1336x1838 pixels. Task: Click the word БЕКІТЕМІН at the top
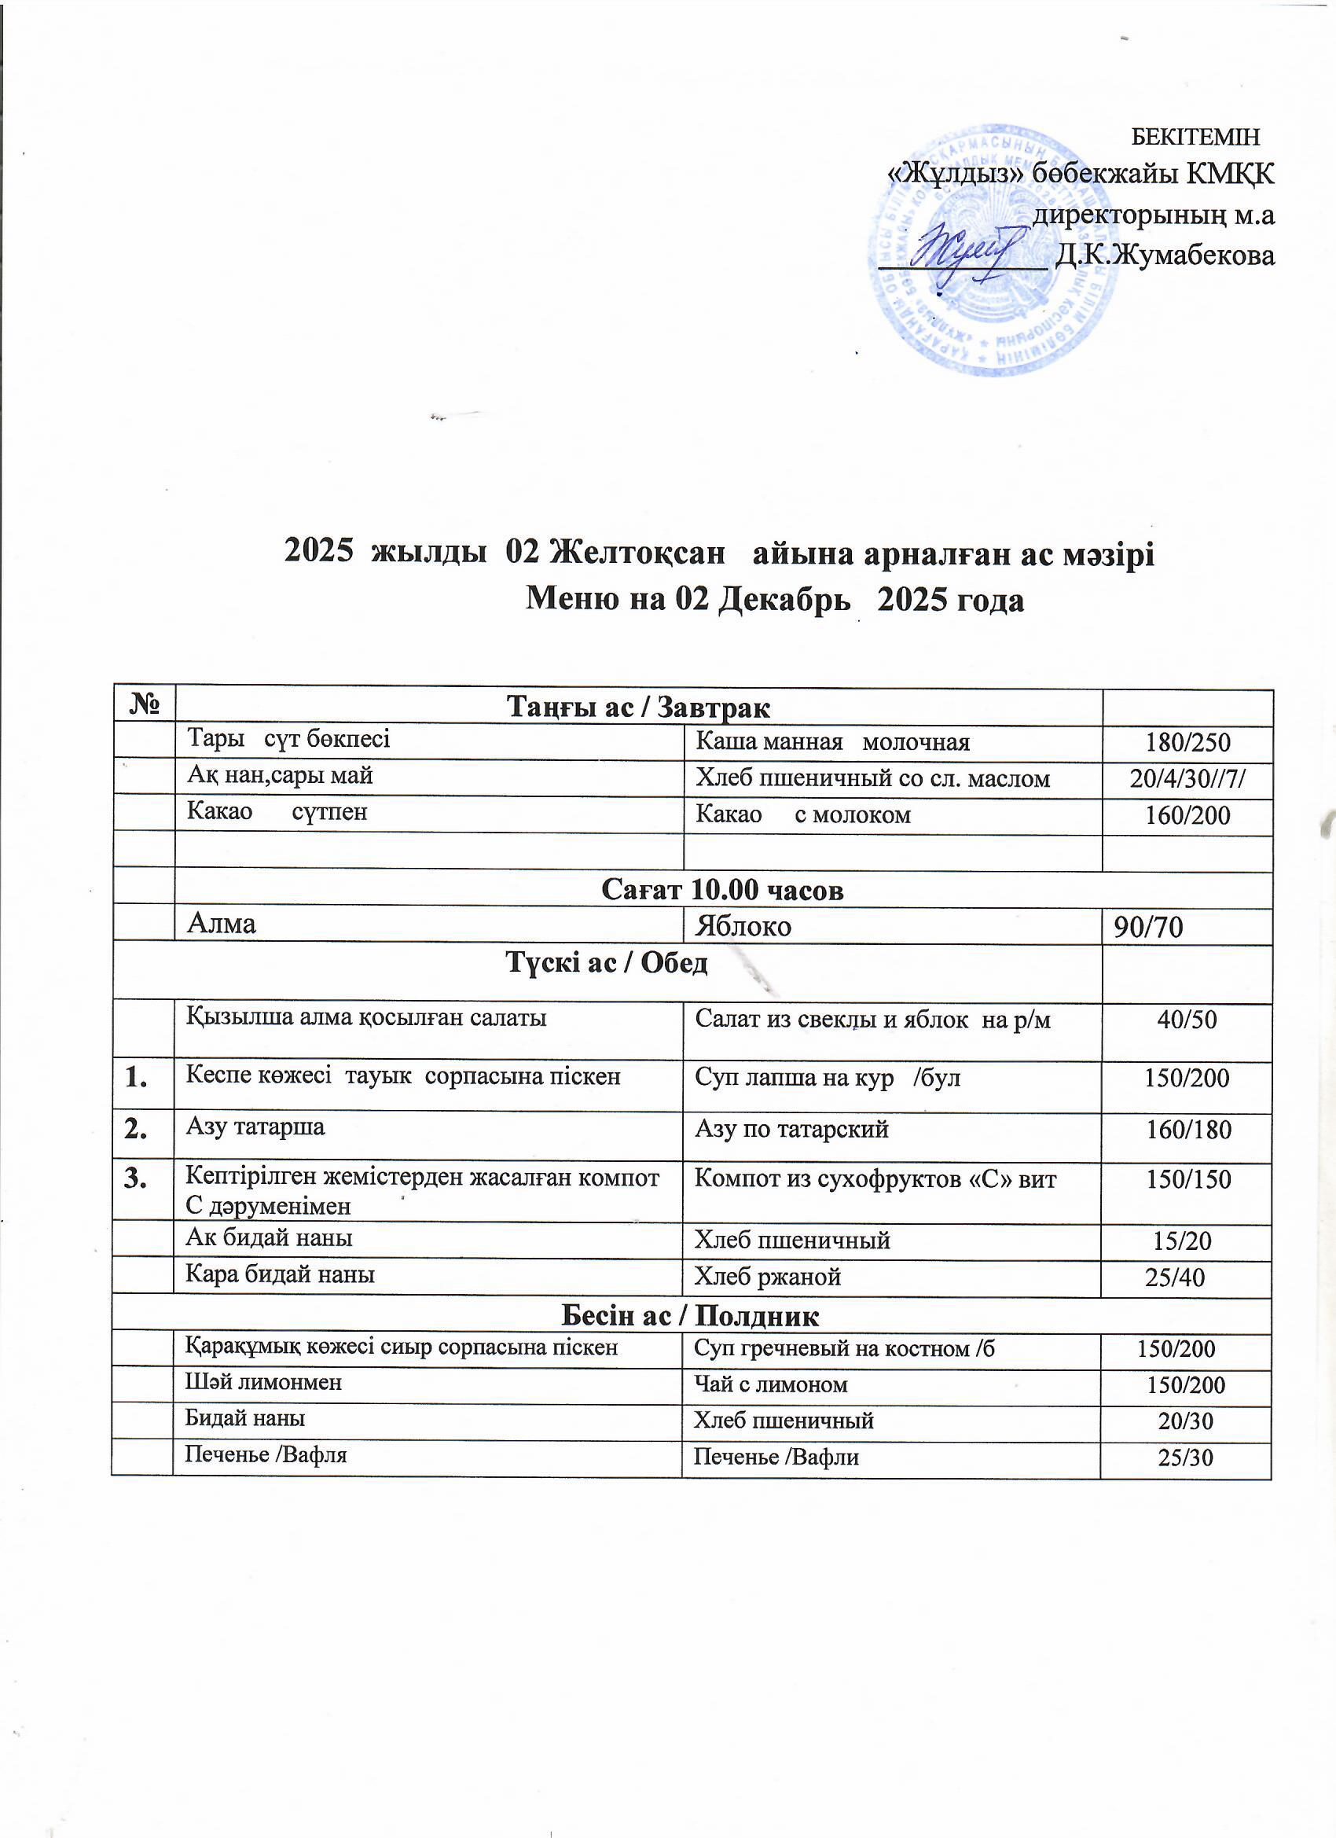point(1195,137)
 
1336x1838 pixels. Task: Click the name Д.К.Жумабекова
point(1165,255)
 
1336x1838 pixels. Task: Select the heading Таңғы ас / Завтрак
point(637,708)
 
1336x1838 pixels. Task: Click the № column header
point(143,705)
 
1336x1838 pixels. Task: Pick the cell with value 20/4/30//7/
point(1187,778)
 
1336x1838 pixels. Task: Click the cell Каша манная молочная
point(833,741)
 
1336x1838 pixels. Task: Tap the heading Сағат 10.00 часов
point(723,890)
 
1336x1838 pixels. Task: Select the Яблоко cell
point(743,925)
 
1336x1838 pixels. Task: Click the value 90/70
point(1149,927)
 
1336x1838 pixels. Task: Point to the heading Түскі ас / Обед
point(607,963)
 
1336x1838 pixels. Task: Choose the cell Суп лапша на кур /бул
point(828,1078)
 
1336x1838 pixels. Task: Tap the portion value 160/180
point(1188,1130)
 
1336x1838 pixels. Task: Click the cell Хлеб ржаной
point(768,1277)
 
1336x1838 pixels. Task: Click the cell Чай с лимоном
point(770,1384)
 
